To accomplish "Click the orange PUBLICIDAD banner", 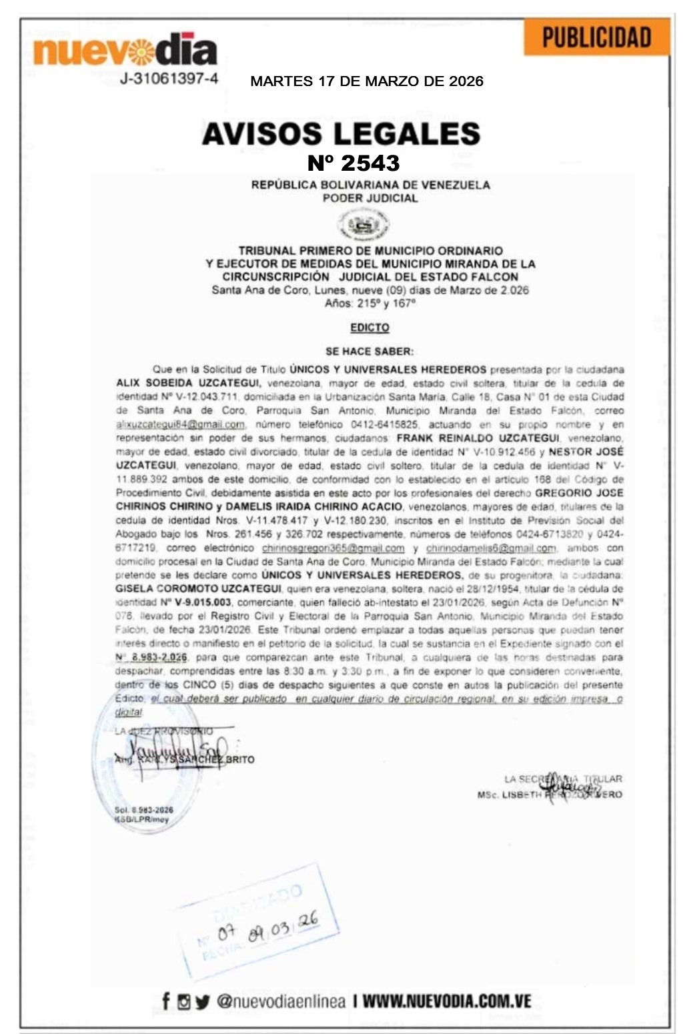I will [x=596, y=37].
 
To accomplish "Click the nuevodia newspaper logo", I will [x=125, y=51].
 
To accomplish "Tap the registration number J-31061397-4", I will [x=169, y=79].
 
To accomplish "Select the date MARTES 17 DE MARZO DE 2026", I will [x=367, y=81].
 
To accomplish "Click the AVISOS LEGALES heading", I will [x=341, y=134].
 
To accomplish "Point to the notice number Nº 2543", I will [x=354, y=163].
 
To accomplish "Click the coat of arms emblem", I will [x=364, y=224].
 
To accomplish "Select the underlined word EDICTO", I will [x=370, y=328].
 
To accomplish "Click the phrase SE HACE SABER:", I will [x=370, y=352].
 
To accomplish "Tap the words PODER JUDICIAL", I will [x=370, y=198].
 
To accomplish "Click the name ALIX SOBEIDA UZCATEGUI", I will [x=189, y=384].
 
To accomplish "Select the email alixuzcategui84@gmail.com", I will [x=181, y=425].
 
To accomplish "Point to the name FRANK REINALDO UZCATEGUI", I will [x=478, y=438].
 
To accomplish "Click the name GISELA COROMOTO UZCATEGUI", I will [x=198, y=589].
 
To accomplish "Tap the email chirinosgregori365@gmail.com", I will [x=333, y=548].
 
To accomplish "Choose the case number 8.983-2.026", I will [x=159, y=658].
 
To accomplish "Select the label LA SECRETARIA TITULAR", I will [x=563, y=779].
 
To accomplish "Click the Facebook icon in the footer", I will [x=166, y=1001].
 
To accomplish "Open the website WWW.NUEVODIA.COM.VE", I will [x=447, y=1001].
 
